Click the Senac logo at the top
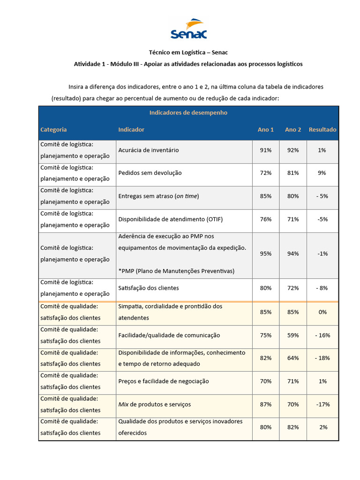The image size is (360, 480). tap(189, 29)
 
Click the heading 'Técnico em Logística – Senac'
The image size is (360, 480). tap(188, 52)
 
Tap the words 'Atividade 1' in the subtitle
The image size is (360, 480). tap(90, 64)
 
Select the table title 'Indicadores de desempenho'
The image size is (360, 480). tap(188, 112)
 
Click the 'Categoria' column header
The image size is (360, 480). tap(53, 129)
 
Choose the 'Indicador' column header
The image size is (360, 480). tap(131, 129)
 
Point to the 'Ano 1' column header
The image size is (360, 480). tap(265, 129)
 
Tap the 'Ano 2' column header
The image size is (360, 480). tap(293, 129)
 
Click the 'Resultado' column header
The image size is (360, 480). tap(322, 129)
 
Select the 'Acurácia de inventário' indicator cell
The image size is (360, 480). tap(148, 150)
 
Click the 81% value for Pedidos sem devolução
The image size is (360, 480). tap(293, 173)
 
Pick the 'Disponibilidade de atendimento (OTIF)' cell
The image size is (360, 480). tap(168, 219)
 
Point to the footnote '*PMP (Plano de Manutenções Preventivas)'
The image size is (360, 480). tap(176, 271)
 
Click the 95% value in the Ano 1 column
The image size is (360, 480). tap(265, 254)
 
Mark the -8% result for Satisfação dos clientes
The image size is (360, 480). tap(322, 288)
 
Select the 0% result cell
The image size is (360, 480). tap(322, 312)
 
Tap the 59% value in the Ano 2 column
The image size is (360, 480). tap(293, 335)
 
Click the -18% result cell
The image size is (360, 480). tap(322, 358)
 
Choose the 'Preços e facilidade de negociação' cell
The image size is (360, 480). tap(163, 381)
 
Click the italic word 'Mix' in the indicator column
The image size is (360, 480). tap(123, 404)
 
